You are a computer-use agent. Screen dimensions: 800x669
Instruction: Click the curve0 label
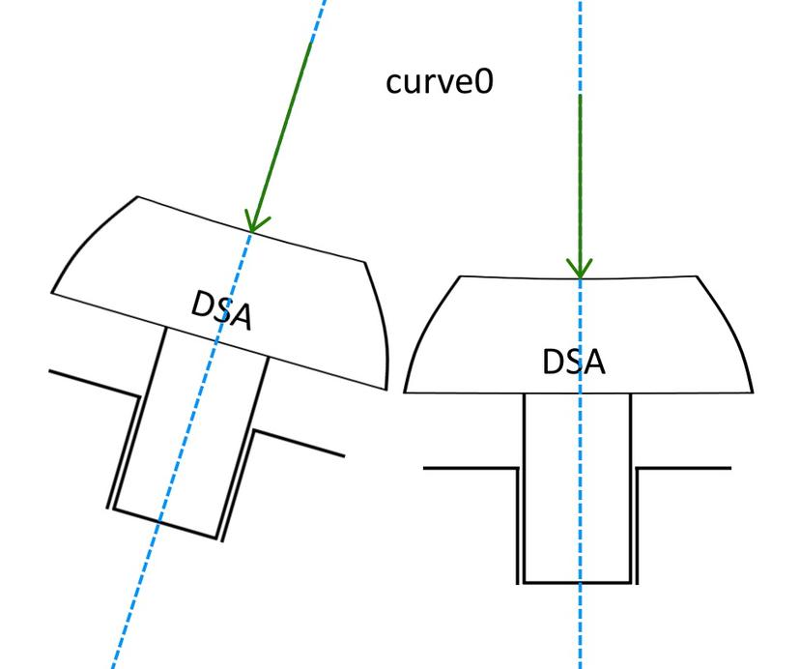coord(440,82)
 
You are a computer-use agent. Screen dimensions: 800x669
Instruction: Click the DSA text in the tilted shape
coord(222,310)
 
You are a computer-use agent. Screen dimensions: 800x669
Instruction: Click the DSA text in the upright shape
coord(574,363)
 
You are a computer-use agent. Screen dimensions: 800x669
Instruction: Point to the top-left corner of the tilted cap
coord(137,196)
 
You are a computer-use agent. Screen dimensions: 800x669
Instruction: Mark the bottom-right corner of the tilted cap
coord(386,390)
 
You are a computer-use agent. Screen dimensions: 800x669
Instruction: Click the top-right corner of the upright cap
coord(697,276)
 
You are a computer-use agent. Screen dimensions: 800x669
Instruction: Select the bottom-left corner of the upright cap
coord(405,393)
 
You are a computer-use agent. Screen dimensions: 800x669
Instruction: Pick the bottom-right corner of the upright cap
coord(753,393)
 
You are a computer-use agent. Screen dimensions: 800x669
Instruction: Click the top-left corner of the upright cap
coord(460,276)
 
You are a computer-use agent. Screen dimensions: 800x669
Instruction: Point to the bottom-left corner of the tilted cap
coord(51,293)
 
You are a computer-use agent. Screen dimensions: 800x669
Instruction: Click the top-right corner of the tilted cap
coord(364,263)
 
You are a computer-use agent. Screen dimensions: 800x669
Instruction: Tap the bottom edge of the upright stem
coord(578,582)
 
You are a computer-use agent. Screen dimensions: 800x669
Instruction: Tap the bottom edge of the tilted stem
coord(165,523)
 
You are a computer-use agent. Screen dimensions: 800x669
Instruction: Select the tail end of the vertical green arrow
coord(580,95)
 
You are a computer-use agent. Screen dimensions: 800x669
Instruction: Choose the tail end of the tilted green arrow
coord(311,43)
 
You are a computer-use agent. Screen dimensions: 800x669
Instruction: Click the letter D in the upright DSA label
coord(553,363)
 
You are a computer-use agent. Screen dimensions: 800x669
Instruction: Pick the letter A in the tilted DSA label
coord(241,317)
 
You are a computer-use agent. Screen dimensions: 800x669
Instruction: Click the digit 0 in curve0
coord(485,82)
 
